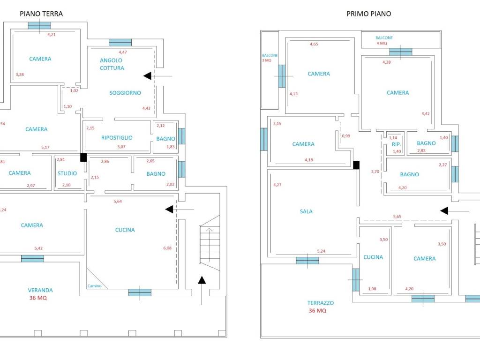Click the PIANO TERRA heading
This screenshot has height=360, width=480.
pyautogui.click(x=41, y=14)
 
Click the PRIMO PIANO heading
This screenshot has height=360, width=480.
pyautogui.click(x=368, y=14)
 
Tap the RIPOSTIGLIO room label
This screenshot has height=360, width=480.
pyautogui.click(x=117, y=138)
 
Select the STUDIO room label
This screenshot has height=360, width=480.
pyautogui.click(x=67, y=173)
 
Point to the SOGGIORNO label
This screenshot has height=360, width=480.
pyautogui.click(x=125, y=93)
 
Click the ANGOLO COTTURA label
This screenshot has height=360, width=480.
pyautogui.click(x=112, y=64)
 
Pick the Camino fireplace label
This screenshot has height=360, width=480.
pyautogui.click(x=94, y=286)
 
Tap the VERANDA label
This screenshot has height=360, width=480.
pyautogui.click(x=40, y=290)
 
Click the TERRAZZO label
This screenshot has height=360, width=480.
pyautogui.click(x=321, y=303)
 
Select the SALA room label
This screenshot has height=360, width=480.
pyautogui.click(x=306, y=211)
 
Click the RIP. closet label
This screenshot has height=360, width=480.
pyautogui.click(x=397, y=144)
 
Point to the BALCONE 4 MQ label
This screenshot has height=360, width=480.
pyautogui.click(x=384, y=40)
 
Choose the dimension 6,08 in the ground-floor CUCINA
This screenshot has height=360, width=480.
pyautogui.click(x=167, y=248)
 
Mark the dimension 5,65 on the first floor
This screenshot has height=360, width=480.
pyautogui.click(x=397, y=217)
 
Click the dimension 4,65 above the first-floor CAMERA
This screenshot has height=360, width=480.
pyautogui.click(x=314, y=44)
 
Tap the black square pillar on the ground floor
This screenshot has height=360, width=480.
pyautogui.click(x=83, y=157)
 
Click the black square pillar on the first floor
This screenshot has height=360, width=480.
pyautogui.click(x=356, y=165)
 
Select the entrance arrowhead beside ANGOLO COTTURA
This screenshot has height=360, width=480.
pyautogui.click(x=148, y=76)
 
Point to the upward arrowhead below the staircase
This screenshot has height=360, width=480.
pyautogui.click(x=202, y=280)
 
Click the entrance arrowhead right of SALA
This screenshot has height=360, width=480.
pyautogui.click(x=444, y=210)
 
